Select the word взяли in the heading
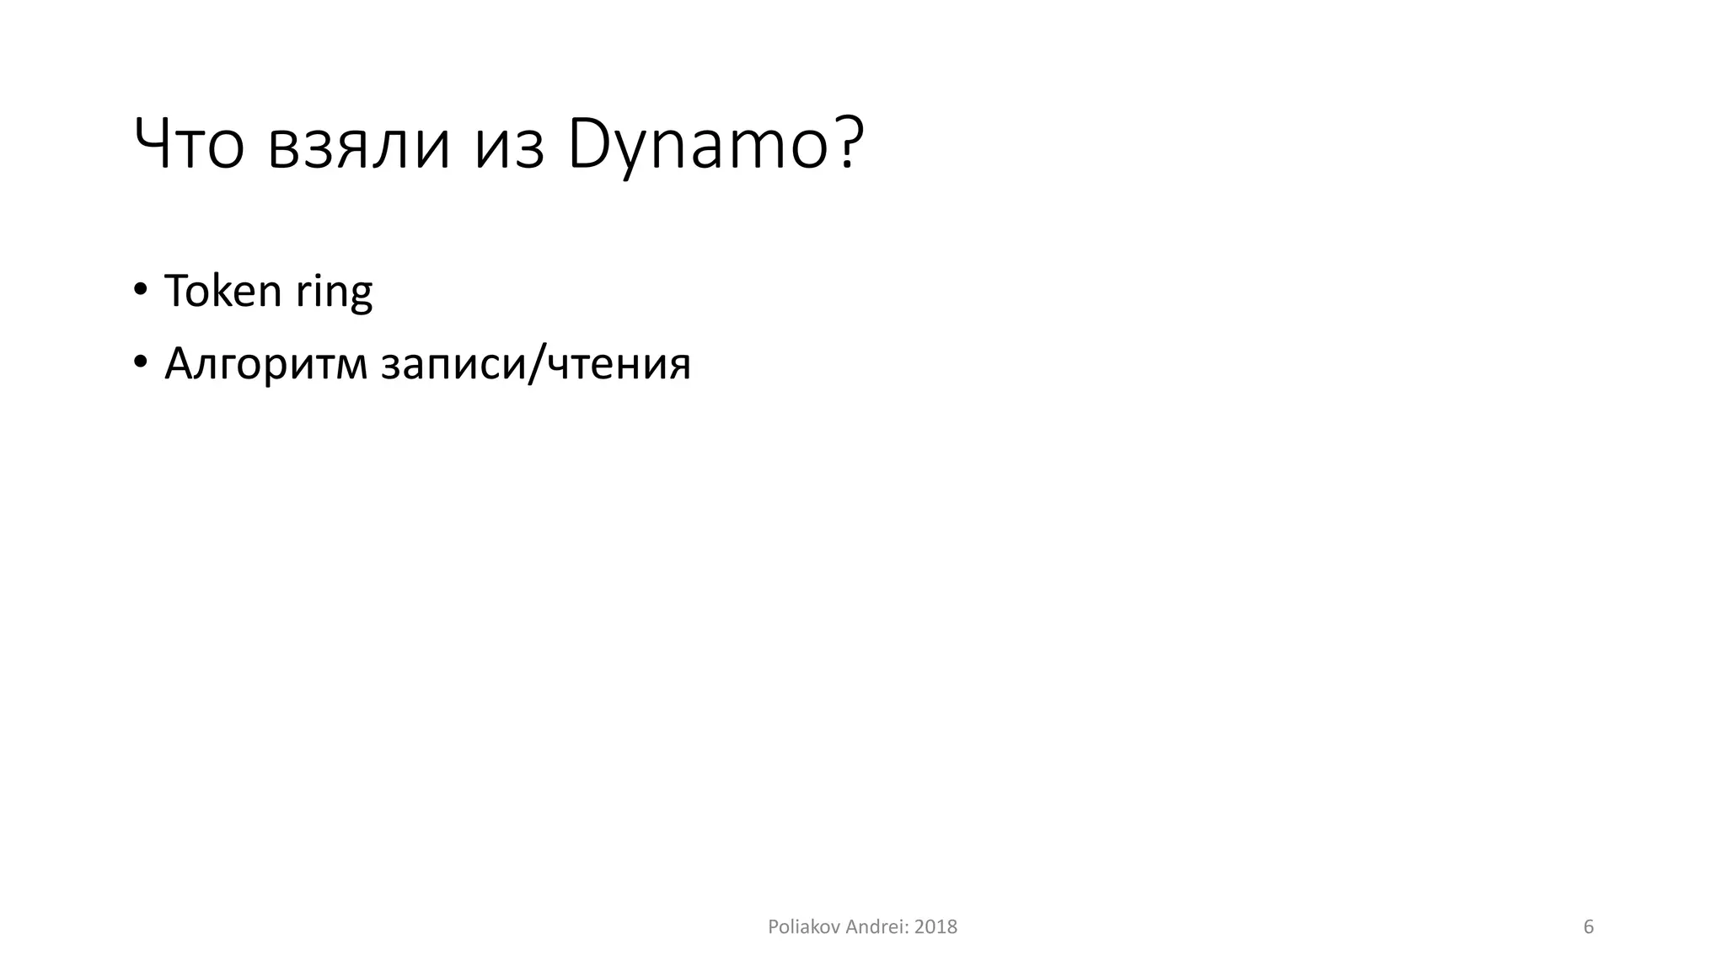(359, 146)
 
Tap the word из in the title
(509, 146)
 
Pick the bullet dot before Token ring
(140, 290)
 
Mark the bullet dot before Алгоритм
(140, 363)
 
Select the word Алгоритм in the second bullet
(265, 365)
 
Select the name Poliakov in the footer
(803, 927)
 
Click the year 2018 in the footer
(935, 927)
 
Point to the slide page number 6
(1589, 927)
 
